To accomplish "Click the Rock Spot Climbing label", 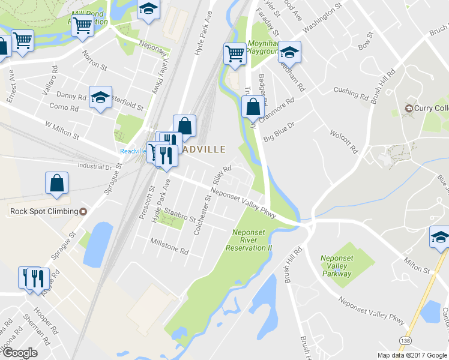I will tap(44, 211).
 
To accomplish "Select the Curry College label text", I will tap(430, 108).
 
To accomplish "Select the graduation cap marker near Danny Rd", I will tap(101, 97).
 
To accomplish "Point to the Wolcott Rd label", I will tap(343, 140).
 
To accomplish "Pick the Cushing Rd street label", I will tap(351, 93).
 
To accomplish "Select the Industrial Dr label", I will tap(95, 166).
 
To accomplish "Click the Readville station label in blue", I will tap(133, 151).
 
